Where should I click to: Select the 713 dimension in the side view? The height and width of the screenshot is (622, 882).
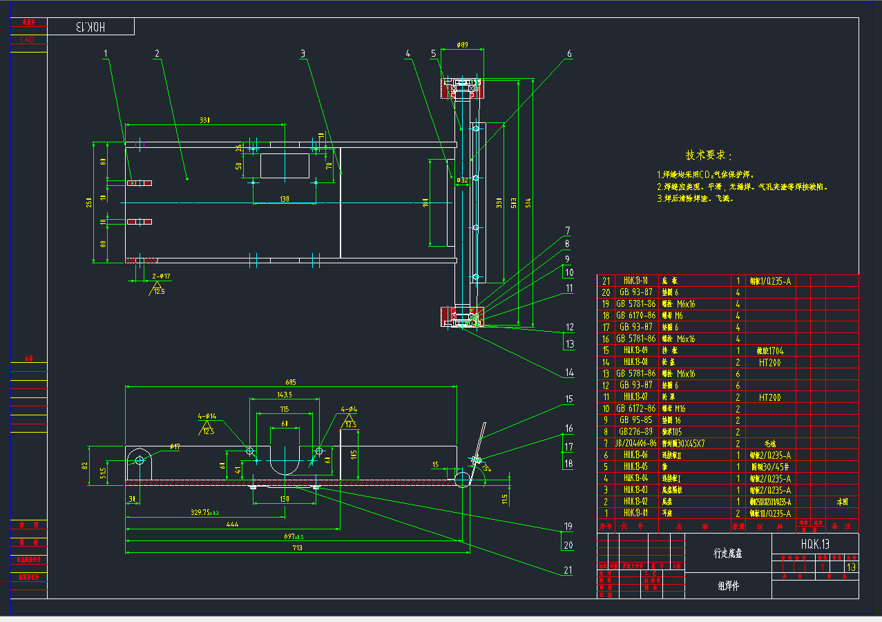coord(297,547)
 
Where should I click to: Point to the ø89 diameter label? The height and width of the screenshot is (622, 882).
coord(463,46)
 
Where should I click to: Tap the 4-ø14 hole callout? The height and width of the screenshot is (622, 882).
coord(207,416)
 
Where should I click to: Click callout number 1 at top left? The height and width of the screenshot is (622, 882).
coord(106,53)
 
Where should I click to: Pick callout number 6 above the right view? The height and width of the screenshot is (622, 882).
coord(569,53)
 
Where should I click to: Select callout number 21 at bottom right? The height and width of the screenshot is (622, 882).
coord(568,571)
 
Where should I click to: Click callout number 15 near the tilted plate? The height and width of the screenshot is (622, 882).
coord(569,399)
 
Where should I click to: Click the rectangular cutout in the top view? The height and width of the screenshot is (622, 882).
coord(285,166)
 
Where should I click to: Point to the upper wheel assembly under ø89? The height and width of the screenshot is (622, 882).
coord(463,88)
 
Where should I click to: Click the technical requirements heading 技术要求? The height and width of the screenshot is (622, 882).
coord(709,155)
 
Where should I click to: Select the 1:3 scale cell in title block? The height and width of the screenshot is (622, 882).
coord(850,567)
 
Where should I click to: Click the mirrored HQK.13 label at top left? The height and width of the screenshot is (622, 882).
coord(90,27)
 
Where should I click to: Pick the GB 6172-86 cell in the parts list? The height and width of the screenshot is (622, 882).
coord(637,408)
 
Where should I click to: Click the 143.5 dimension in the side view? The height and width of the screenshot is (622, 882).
coord(284,395)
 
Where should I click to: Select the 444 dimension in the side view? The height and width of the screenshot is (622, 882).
coord(232,525)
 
